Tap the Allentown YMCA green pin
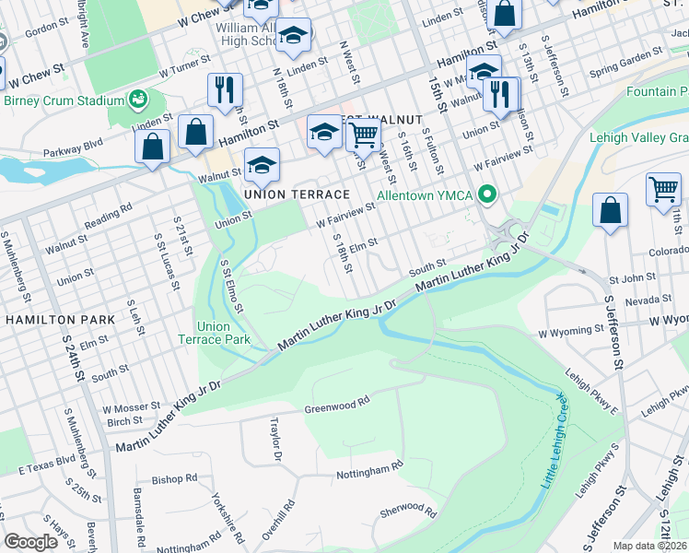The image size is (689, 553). (490, 194)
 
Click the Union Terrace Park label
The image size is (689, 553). (224, 333)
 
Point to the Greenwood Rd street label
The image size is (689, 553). (336, 404)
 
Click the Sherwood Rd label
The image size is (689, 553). (406, 510)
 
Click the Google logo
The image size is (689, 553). (29, 542)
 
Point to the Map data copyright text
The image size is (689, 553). (650, 546)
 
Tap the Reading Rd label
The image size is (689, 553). (109, 218)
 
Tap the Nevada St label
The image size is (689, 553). (648, 300)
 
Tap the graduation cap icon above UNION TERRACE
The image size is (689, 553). (262, 167)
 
